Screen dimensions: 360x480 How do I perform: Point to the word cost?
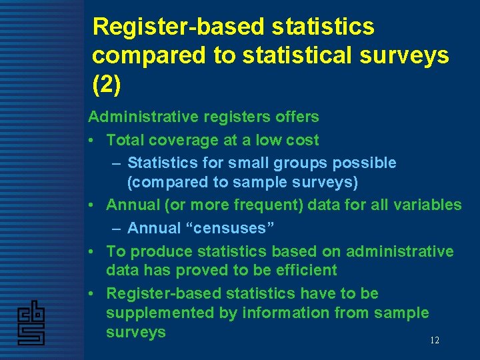pyautogui.click(x=303, y=140)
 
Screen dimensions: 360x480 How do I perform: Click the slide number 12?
pyautogui.click(x=434, y=341)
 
